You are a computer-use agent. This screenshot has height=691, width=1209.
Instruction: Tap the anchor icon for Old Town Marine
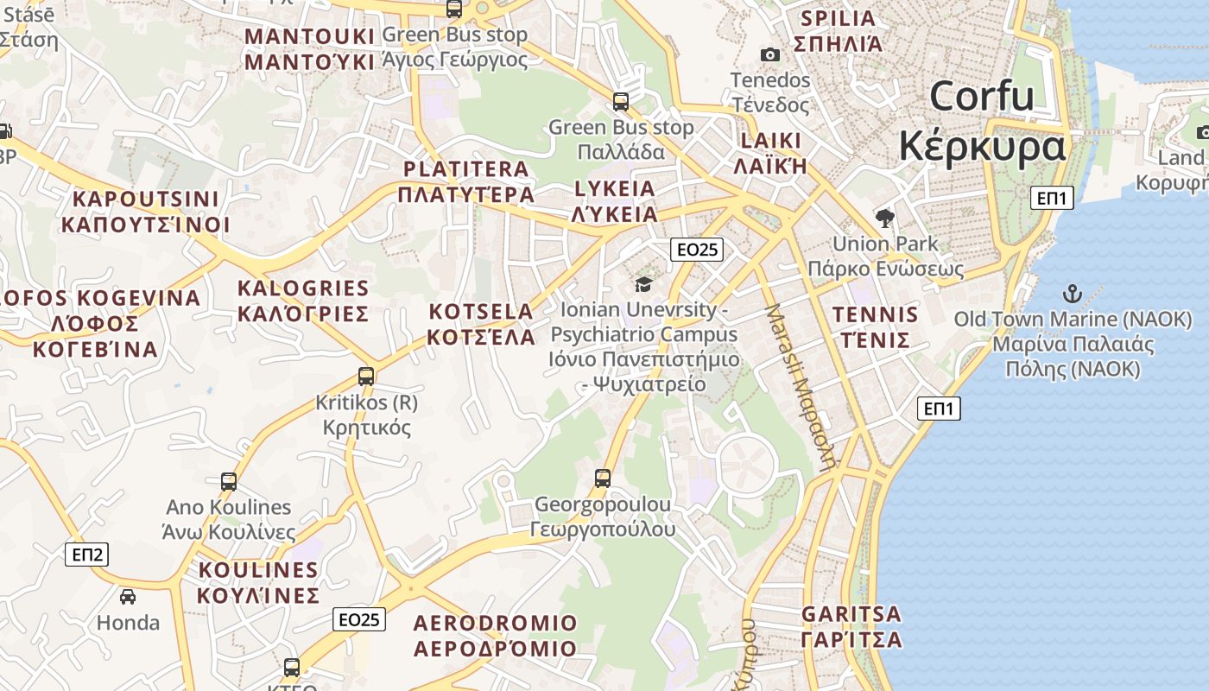click(x=1072, y=294)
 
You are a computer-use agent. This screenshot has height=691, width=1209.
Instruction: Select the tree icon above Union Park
click(x=884, y=218)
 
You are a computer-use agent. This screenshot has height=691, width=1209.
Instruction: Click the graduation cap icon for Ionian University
click(x=642, y=284)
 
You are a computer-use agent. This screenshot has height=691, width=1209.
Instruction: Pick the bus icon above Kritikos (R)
click(x=366, y=377)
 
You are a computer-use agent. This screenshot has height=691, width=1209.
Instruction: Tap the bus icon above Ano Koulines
click(x=229, y=482)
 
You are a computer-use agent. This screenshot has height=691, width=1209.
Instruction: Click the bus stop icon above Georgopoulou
click(x=603, y=478)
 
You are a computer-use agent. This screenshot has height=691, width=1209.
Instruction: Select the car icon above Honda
click(x=128, y=597)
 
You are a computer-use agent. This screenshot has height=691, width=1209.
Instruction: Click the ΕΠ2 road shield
click(x=87, y=555)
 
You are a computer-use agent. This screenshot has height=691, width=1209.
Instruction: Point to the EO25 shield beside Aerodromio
click(x=359, y=619)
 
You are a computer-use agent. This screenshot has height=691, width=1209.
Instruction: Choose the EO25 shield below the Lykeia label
click(x=697, y=250)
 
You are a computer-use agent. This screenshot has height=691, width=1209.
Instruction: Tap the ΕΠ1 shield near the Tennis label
click(x=939, y=409)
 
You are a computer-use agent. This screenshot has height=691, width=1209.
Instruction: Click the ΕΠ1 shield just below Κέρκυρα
click(x=1052, y=198)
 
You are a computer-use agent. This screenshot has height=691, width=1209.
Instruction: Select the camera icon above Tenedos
click(x=770, y=55)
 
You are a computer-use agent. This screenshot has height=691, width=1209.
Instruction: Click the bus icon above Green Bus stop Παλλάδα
click(x=621, y=102)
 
